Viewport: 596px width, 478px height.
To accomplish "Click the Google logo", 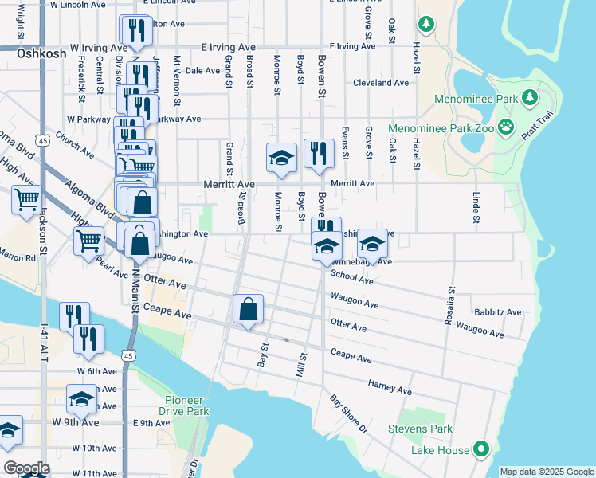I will click(26, 468).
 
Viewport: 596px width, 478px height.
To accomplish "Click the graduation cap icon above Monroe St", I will click(281, 158).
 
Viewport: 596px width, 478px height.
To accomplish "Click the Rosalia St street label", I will click(450, 306).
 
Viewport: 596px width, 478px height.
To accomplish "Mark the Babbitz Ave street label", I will click(497, 312).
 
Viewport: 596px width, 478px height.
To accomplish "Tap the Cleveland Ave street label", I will click(381, 83).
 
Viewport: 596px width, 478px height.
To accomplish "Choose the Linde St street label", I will click(476, 207).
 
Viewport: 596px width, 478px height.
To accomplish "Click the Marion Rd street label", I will click(18, 258).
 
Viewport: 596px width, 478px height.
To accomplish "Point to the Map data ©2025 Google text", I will click(547, 472).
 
